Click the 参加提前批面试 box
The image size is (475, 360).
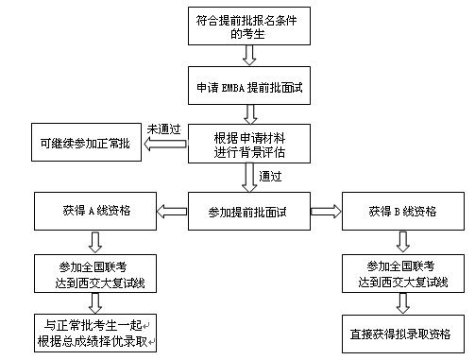pos(249,210)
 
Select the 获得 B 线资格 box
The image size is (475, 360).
pos(400,210)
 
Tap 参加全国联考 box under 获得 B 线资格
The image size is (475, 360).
pos(400,271)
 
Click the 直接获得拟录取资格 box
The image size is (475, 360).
pos(400,334)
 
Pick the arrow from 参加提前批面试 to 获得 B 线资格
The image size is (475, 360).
pos(326,210)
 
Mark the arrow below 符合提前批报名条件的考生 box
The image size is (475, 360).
pos(249,57)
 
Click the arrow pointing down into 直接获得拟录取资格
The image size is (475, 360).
pos(401,302)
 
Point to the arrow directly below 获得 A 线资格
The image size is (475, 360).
pos(93,240)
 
